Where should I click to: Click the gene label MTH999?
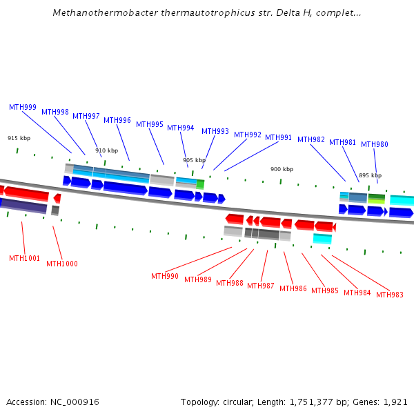23,108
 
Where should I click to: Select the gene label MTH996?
117,121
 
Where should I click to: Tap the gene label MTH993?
215,132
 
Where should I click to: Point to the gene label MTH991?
279,138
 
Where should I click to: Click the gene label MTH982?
311,140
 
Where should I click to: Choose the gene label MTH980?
375,145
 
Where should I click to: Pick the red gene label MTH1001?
24,259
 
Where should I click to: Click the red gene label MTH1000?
62,264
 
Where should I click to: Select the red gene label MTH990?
165,277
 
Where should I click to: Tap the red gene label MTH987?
261,286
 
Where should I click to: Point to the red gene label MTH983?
390,295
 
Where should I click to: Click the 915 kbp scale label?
19,139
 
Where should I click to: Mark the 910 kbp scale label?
106,151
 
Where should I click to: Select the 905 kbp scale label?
194,161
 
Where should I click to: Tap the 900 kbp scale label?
282,170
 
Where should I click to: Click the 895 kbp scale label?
370,176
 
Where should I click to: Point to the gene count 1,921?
395,402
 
